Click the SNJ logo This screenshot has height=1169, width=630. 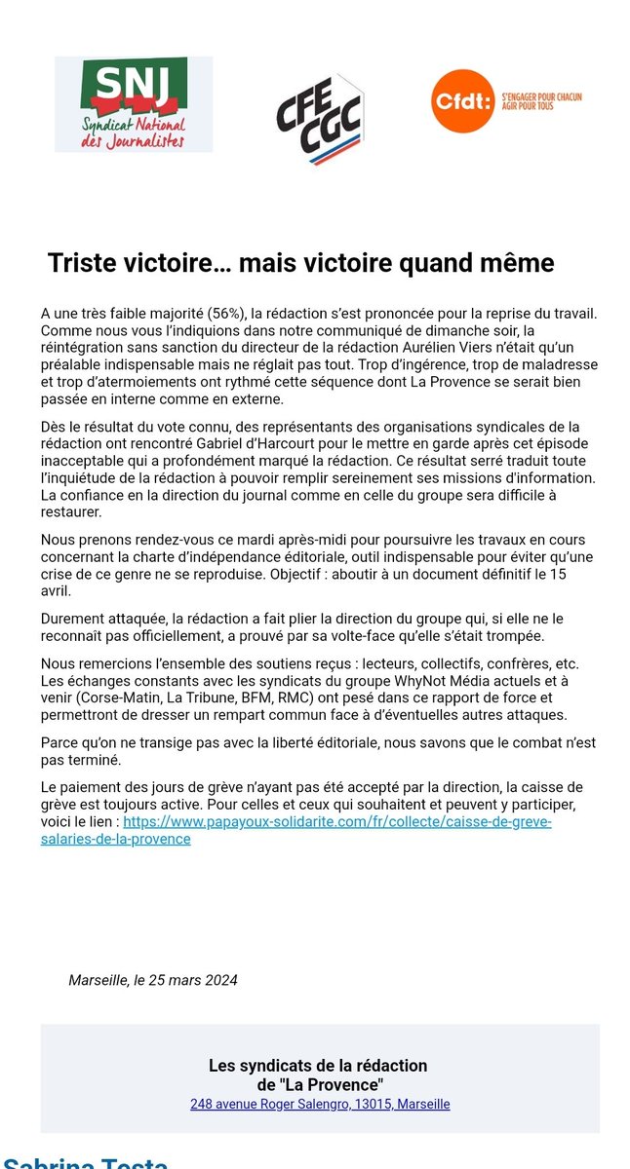tap(134, 104)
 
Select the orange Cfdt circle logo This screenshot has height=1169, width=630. tap(462, 100)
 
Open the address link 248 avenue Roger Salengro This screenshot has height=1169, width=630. tap(320, 1104)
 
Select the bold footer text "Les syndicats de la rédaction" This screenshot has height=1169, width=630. tap(318, 1066)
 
